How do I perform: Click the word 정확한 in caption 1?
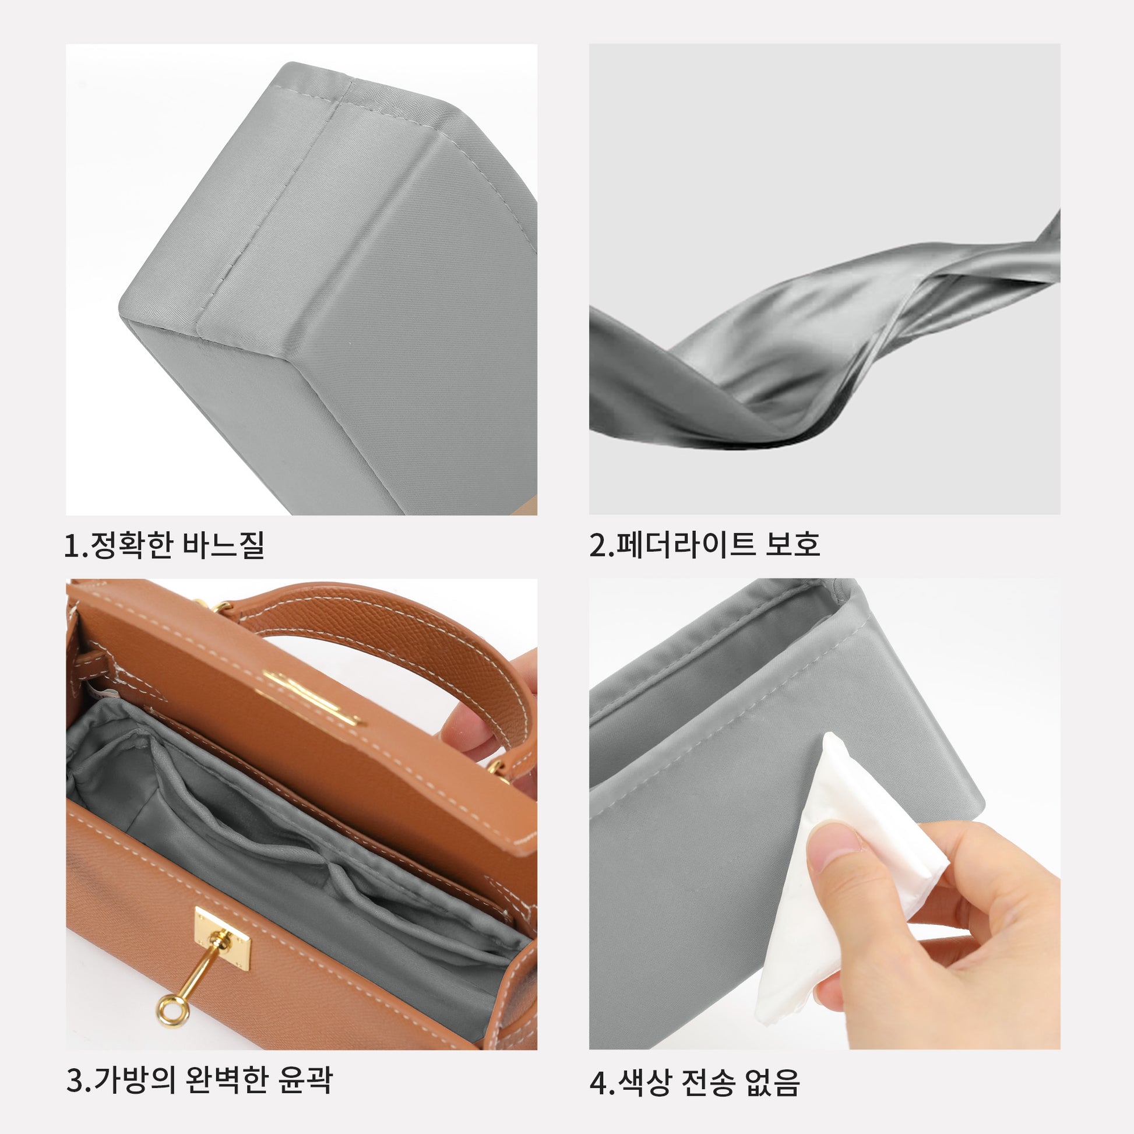pos(129,545)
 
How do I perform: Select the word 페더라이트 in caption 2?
pos(684,544)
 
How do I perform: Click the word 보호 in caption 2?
pos(792,544)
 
